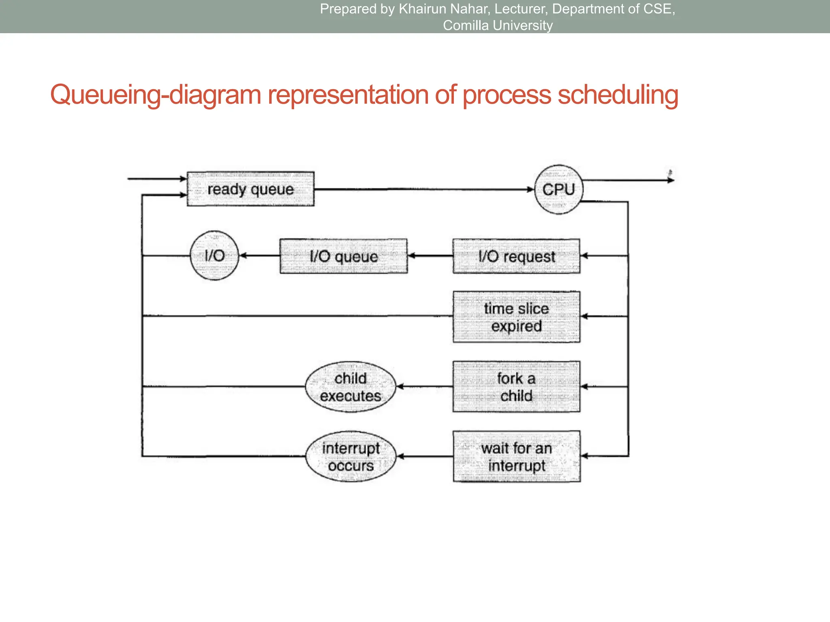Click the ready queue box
(x=250, y=189)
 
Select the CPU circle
(x=558, y=190)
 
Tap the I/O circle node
(x=214, y=256)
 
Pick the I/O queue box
(x=343, y=256)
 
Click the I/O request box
(x=516, y=256)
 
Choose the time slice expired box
(x=516, y=317)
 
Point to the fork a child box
(x=516, y=387)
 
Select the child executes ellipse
(x=351, y=387)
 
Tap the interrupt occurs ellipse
(x=351, y=456)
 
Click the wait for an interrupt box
(x=516, y=456)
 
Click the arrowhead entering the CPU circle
(x=530, y=189)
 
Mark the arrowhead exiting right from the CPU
(x=671, y=180)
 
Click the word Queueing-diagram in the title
(x=156, y=95)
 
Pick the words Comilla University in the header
(x=498, y=26)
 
